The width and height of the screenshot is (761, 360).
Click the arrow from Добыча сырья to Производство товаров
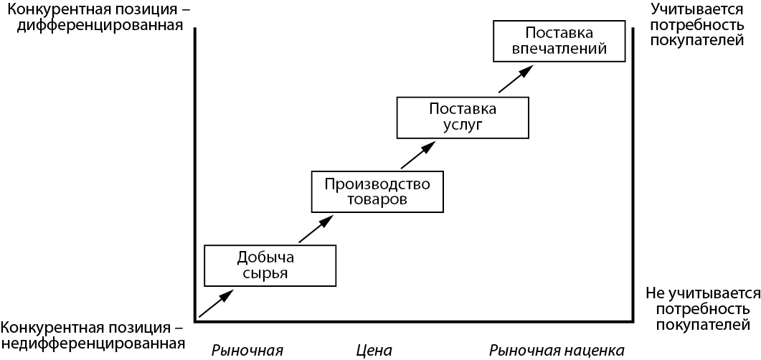316,229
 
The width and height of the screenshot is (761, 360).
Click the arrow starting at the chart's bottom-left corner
216,304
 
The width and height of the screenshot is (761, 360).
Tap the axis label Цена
374,350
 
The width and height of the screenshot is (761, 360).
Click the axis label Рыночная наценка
556,350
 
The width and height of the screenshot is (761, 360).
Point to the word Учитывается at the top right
696,9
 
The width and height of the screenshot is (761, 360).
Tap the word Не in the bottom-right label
657,293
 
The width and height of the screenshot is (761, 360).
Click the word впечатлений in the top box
559,49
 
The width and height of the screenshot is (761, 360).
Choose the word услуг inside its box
463,125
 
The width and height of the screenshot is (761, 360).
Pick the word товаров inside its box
377,199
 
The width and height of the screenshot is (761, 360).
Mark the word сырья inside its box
270,273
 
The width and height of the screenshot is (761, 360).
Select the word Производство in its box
377,184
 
